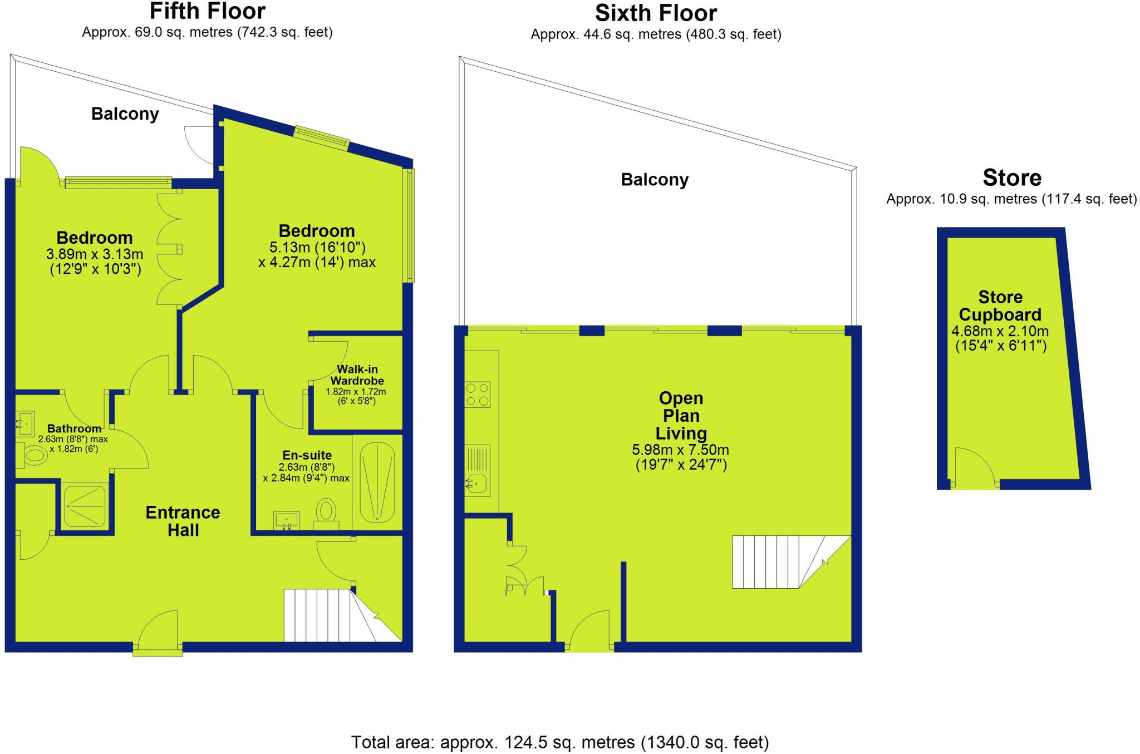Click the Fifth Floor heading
point(207,11)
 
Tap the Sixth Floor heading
point(656,12)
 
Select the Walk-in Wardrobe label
point(357,376)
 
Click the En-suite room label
point(307,455)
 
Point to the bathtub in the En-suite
point(378,482)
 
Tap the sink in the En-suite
point(287,521)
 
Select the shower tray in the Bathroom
point(85,506)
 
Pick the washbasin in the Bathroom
point(24,423)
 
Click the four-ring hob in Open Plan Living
point(478,394)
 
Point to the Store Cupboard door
point(974,467)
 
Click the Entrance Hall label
point(183,521)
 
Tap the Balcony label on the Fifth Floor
point(125,114)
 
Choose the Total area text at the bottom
point(560,742)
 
